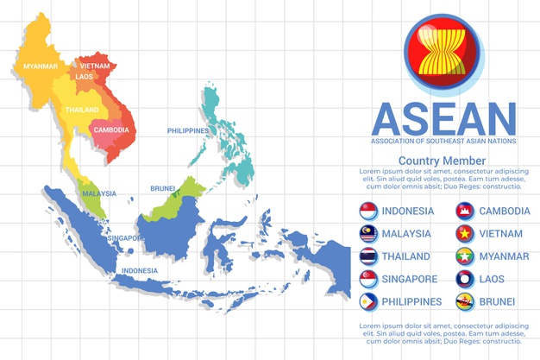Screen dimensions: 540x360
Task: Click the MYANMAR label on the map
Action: click(x=40, y=66)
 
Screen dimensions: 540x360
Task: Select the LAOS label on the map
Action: click(x=85, y=77)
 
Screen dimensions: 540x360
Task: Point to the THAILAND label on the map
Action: click(x=82, y=111)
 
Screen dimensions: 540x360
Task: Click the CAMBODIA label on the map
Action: click(x=111, y=130)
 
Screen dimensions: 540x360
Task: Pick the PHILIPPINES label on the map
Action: click(x=188, y=130)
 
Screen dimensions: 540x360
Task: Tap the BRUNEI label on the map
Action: click(x=163, y=188)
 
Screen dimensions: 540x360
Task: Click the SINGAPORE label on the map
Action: click(x=126, y=237)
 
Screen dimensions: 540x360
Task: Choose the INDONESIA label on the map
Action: click(x=140, y=270)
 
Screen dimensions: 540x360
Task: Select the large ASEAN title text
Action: click(x=443, y=118)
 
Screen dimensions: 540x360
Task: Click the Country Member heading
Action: click(x=442, y=161)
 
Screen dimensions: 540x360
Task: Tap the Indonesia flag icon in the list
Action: click(x=368, y=211)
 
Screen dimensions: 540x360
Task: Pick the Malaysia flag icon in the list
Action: click(x=368, y=234)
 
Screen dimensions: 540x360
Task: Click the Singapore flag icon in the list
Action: click(x=368, y=280)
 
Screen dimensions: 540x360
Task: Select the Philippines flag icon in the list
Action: click(x=368, y=302)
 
